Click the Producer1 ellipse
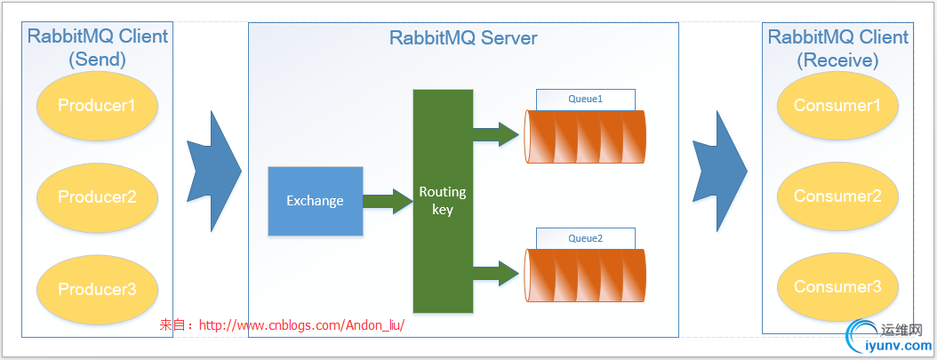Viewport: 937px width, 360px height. click(97, 106)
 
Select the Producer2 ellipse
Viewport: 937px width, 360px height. click(97, 196)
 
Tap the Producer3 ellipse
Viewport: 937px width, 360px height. click(97, 289)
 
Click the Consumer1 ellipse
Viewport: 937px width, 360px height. click(837, 106)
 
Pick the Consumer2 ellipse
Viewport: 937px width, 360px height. click(837, 196)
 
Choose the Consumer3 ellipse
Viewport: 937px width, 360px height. click(837, 287)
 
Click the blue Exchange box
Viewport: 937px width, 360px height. click(315, 201)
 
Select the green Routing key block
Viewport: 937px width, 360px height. click(442, 201)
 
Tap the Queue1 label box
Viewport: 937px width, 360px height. click(585, 99)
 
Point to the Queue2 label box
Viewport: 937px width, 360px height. click(585, 238)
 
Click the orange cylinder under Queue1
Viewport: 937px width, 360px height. click(585, 136)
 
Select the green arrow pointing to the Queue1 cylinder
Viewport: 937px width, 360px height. click(495, 134)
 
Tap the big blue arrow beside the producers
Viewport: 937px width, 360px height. click(214, 171)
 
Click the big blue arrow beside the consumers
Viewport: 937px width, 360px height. click(719, 171)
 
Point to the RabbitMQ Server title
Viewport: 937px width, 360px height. click(463, 38)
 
